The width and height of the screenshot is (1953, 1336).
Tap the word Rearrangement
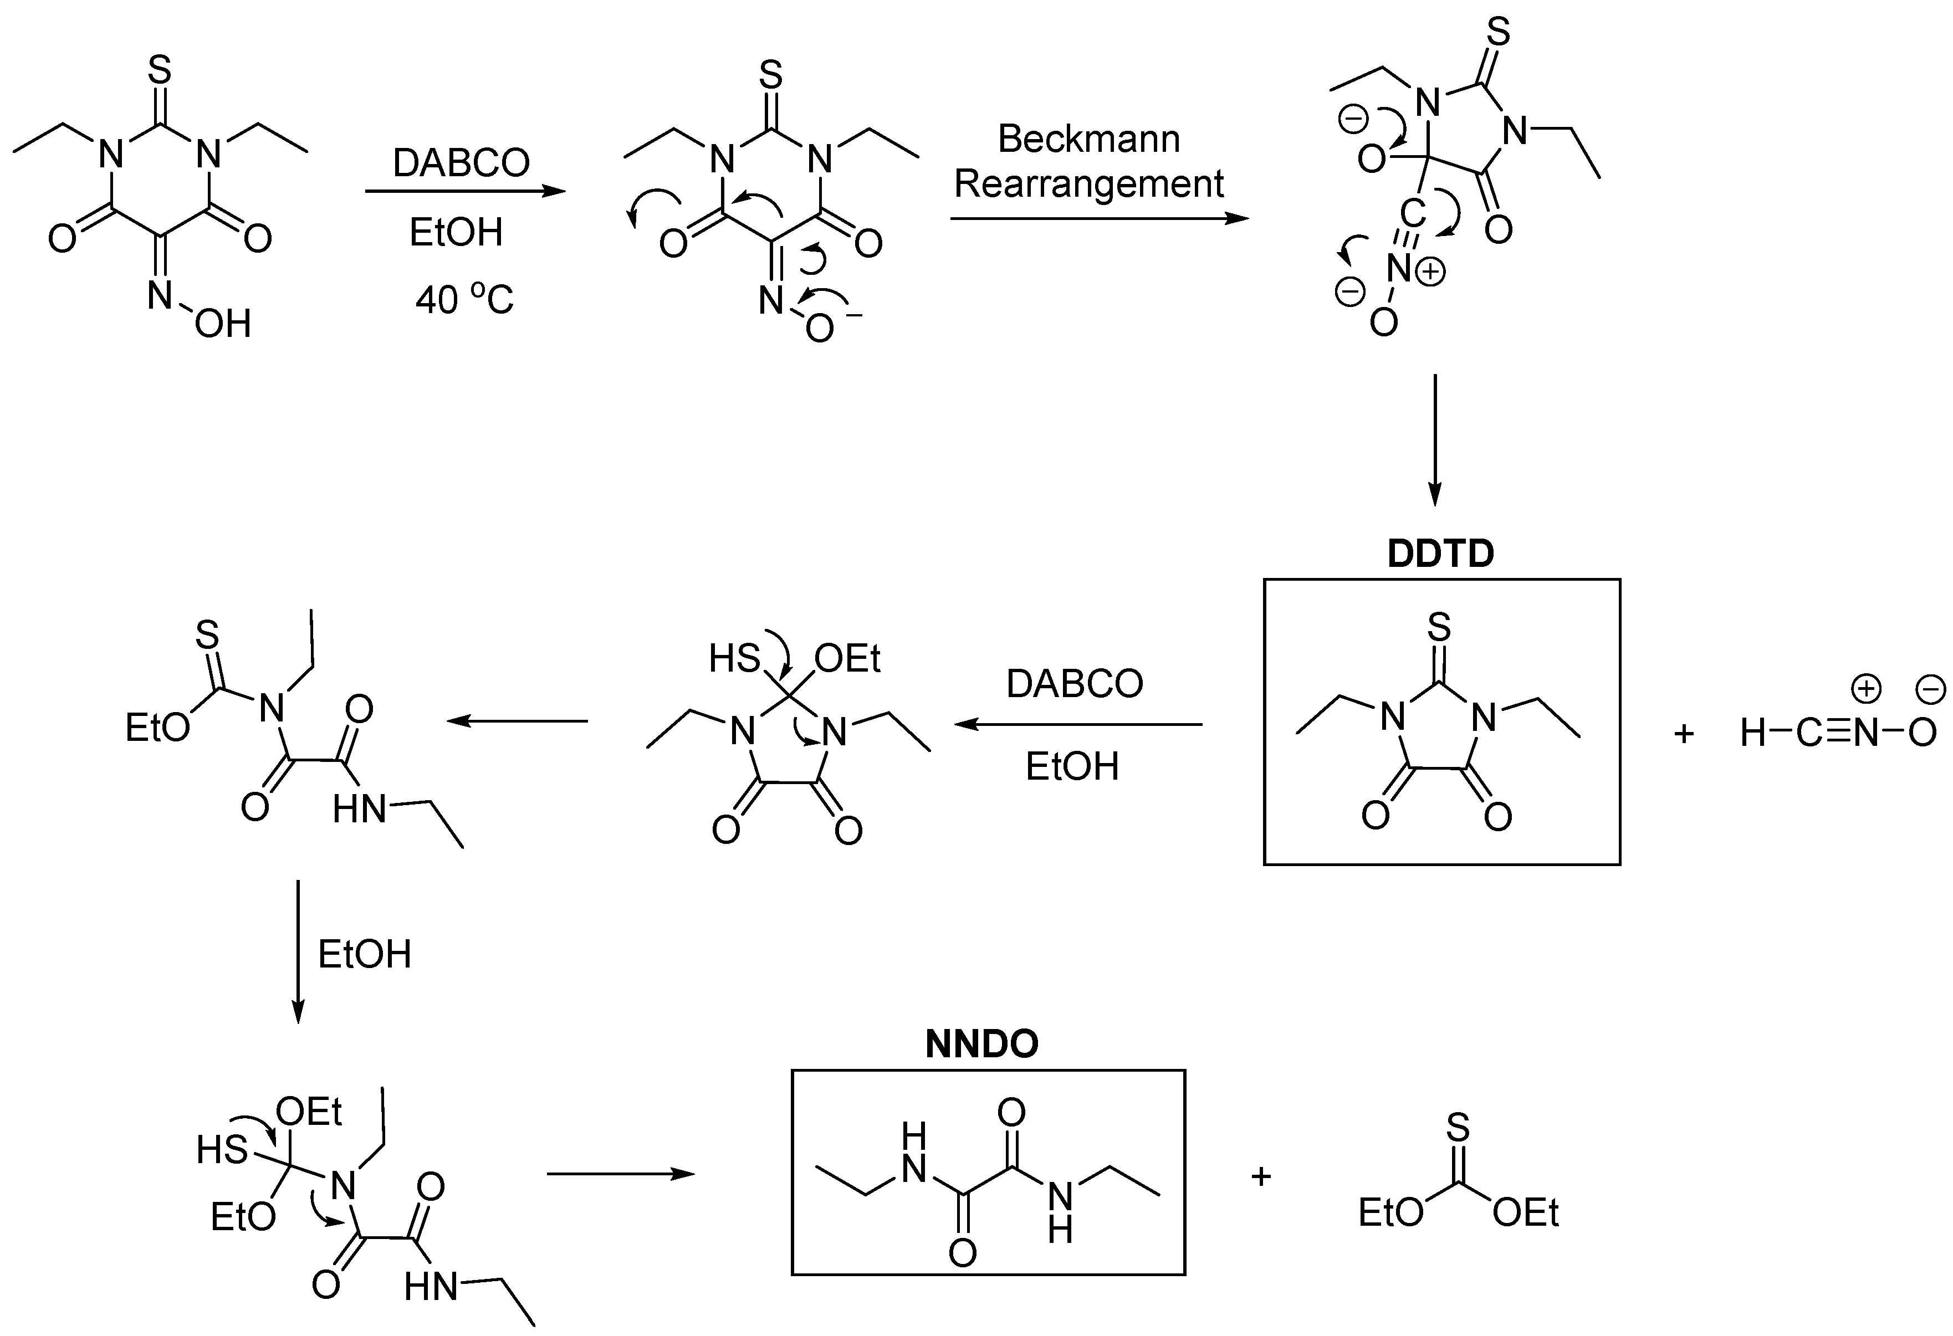click(1088, 184)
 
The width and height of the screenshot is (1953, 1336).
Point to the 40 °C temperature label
click(464, 299)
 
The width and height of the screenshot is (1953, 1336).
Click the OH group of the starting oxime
click(223, 324)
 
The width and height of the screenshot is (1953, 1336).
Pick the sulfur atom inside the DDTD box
click(1440, 627)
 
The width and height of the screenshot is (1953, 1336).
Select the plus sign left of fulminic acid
click(1683, 734)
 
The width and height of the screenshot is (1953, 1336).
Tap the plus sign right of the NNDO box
click(1261, 1176)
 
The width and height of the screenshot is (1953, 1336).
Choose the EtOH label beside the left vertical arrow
click(365, 955)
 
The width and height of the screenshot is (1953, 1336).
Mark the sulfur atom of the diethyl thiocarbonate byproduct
click(1458, 1126)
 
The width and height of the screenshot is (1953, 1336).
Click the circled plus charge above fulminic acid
click(1865, 690)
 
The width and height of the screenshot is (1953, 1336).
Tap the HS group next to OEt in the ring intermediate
click(734, 659)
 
